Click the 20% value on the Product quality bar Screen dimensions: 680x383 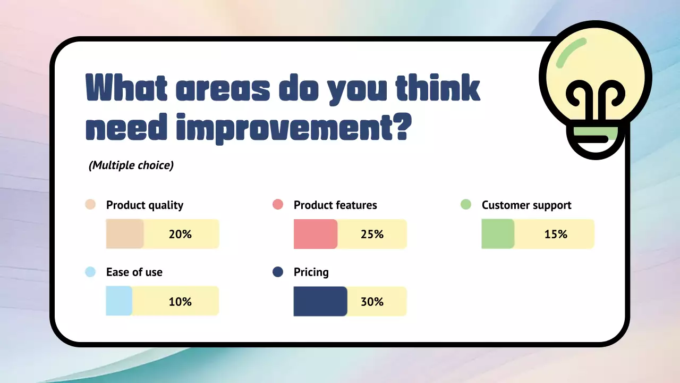coord(180,234)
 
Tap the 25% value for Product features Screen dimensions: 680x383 coord(372,234)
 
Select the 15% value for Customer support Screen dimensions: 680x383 coord(556,234)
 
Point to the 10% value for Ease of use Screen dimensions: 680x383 coord(180,302)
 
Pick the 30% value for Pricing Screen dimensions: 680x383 coord(372,302)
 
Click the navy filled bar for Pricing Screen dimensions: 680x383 coord(320,301)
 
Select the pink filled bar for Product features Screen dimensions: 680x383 coord(316,234)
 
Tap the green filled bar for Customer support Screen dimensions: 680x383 coord(498,234)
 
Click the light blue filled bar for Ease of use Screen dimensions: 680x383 coord(119,301)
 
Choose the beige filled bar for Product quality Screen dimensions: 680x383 coord(125,234)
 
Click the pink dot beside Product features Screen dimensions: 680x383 coord(278,204)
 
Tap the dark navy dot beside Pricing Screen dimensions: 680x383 coord(278,272)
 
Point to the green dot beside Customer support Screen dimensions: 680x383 coord(466,204)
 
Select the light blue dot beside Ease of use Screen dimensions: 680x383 coord(90,272)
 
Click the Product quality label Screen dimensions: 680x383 coord(145,205)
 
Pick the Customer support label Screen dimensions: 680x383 coord(526,205)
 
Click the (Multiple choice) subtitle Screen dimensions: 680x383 coord(131,165)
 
